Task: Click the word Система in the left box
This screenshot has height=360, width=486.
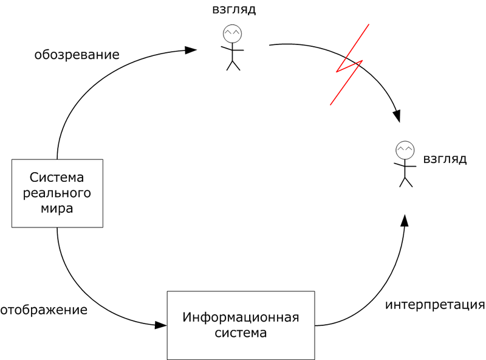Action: click(x=56, y=178)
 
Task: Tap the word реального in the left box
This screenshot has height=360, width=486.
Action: click(x=56, y=193)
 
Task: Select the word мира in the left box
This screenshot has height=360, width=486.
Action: click(x=56, y=209)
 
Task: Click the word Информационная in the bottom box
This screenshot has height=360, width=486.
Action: click(x=241, y=317)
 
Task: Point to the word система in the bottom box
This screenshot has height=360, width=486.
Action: click(x=241, y=333)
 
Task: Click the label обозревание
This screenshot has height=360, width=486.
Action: click(x=77, y=55)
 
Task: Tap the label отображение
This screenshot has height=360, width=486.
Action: click(x=44, y=310)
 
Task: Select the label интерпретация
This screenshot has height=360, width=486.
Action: click(x=434, y=304)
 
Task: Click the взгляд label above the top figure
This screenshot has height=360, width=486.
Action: click(x=234, y=10)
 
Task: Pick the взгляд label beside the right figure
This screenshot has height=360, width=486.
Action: click(x=445, y=159)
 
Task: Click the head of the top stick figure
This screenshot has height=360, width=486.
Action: click(x=231, y=32)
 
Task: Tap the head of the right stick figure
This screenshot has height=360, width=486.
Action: click(x=405, y=149)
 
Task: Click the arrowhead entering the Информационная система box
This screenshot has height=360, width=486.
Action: click(x=160, y=325)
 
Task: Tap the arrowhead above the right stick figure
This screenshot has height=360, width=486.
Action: click(x=397, y=116)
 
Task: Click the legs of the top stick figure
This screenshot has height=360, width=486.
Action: click(x=233, y=64)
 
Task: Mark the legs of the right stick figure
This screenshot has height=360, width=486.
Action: click(x=405, y=181)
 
